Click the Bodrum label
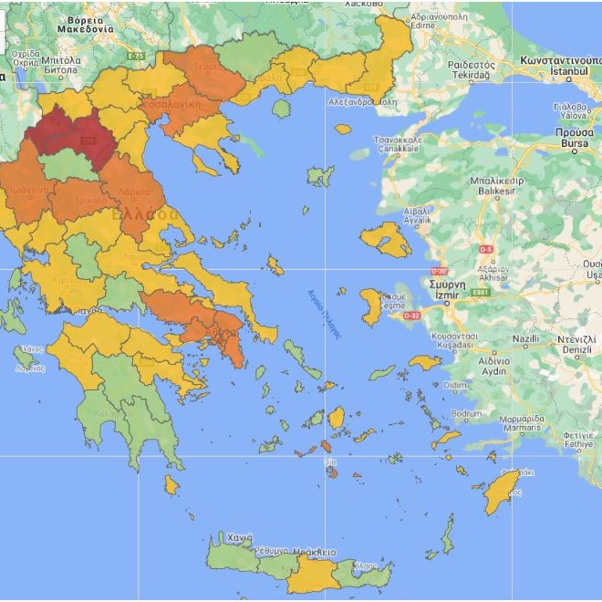click(466, 413)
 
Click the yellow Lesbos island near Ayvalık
click(386, 239)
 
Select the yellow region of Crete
click(313, 575)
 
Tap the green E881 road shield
click(480, 292)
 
